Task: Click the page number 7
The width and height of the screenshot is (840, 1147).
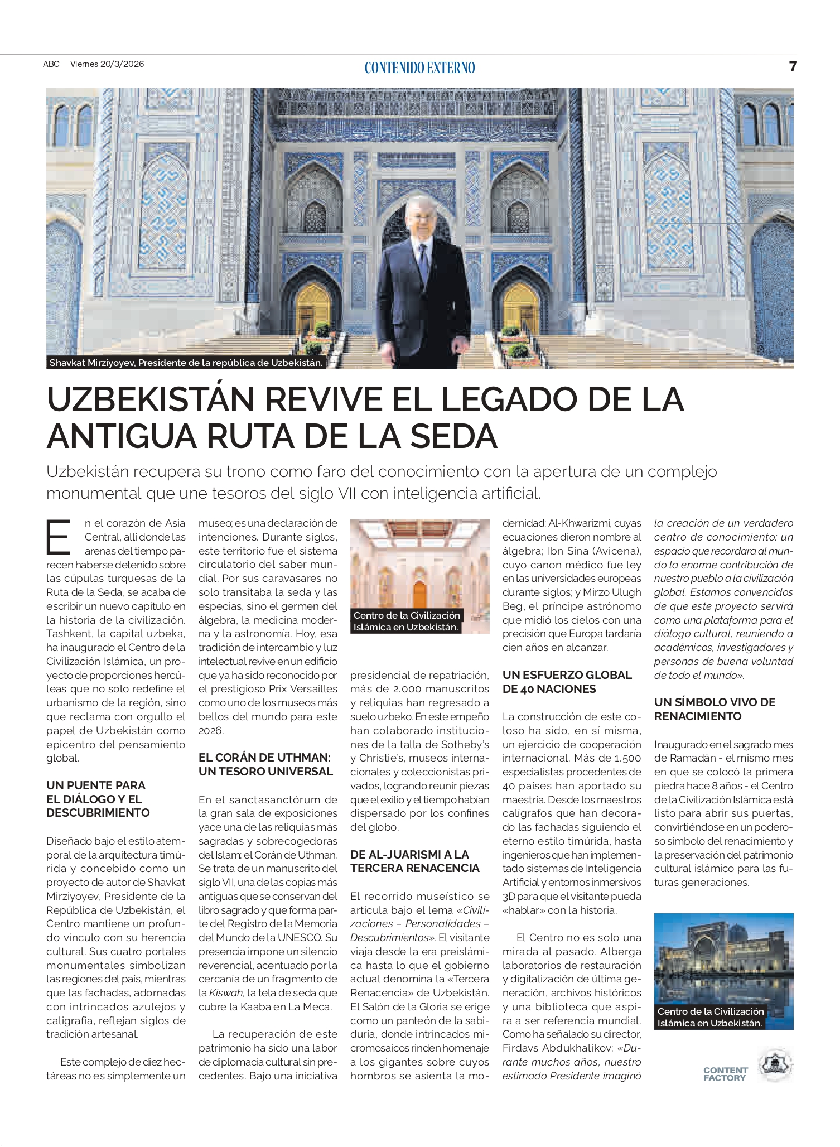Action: click(x=793, y=66)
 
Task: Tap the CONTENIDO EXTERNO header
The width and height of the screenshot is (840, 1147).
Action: click(x=419, y=68)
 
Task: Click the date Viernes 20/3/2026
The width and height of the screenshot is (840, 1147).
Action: click(x=107, y=64)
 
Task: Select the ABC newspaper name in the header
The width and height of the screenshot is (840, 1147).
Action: click(x=51, y=64)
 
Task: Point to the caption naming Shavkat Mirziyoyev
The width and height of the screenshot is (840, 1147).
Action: click(x=186, y=363)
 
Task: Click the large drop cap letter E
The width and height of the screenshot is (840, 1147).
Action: click(x=59, y=537)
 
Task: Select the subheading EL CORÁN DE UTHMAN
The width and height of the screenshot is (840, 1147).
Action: click(x=265, y=764)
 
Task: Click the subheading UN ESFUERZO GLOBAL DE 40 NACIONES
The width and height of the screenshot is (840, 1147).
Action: click(x=567, y=682)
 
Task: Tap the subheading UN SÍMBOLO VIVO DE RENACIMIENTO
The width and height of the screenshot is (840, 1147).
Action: click(x=715, y=709)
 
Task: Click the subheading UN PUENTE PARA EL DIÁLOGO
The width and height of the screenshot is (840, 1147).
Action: click(x=98, y=799)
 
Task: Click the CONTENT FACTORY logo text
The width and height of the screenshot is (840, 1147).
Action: click(x=725, y=1074)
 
